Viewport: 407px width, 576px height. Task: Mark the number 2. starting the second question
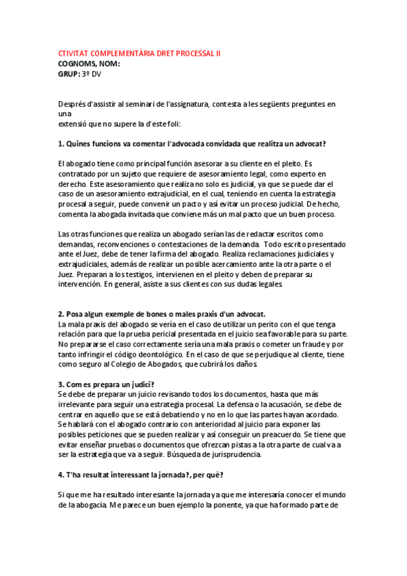(x=60, y=314)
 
